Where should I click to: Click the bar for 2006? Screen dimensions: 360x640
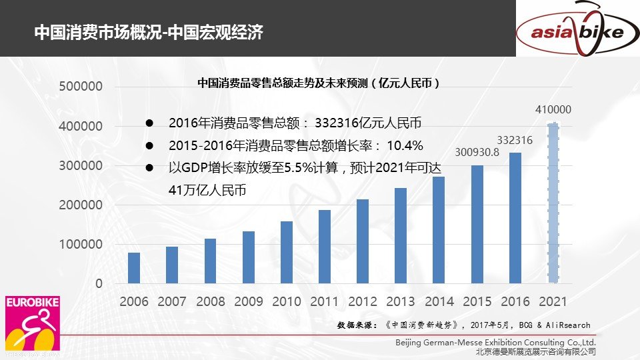click(134, 268)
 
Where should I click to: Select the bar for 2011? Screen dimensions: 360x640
click(325, 247)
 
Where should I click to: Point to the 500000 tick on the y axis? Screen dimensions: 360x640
click(81, 87)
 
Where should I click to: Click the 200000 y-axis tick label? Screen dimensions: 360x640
click(81, 205)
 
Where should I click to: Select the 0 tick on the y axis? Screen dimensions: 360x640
click(99, 284)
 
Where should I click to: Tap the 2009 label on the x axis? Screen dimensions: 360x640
click(248, 302)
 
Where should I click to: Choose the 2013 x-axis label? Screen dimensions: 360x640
click(401, 302)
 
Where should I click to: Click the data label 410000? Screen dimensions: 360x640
click(553, 110)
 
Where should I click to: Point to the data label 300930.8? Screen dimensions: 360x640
click(477, 152)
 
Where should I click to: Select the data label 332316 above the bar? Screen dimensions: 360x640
click(515, 140)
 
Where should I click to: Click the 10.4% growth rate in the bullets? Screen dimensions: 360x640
click(405, 145)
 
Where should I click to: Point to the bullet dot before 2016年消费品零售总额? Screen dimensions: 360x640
click(151, 123)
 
